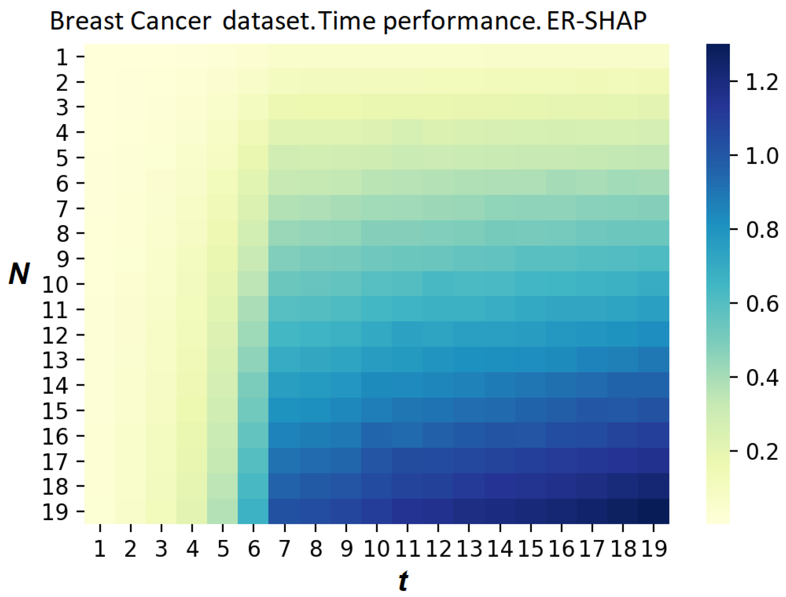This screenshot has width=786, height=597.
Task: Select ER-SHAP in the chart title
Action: (597, 21)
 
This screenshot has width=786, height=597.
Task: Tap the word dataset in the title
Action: (266, 21)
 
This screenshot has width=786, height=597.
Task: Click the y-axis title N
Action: (19, 274)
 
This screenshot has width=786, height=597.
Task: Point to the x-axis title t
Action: (403, 580)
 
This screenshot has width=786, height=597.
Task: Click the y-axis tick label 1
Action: (62, 57)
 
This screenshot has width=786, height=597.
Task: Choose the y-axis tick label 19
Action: (55, 512)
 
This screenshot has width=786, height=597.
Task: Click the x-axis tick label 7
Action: (284, 549)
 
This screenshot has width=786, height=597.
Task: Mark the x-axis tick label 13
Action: (469, 549)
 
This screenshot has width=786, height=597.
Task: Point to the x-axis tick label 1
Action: (100, 549)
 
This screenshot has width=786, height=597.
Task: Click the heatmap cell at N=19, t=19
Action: (654, 511)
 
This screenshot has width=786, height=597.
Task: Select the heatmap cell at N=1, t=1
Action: (100, 57)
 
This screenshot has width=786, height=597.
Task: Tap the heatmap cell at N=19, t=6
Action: (253, 511)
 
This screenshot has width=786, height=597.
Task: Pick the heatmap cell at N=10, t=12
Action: (438, 284)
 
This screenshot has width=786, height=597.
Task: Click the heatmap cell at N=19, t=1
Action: (100, 511)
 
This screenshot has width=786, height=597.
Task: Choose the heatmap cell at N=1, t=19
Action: (654, 57)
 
